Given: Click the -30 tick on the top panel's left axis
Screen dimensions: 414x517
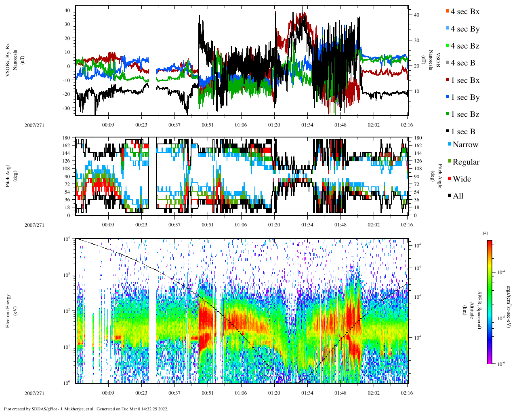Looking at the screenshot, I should [67, 108].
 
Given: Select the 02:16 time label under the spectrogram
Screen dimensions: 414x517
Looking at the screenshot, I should [407, 393].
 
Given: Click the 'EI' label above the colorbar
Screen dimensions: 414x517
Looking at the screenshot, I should [485, 234].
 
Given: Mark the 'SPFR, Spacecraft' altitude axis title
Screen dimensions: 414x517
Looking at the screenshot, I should [480, 310].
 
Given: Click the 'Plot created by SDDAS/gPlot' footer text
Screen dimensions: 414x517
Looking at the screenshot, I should [86, 409].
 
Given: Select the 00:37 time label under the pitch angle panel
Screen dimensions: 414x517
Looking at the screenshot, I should [174, 225].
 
